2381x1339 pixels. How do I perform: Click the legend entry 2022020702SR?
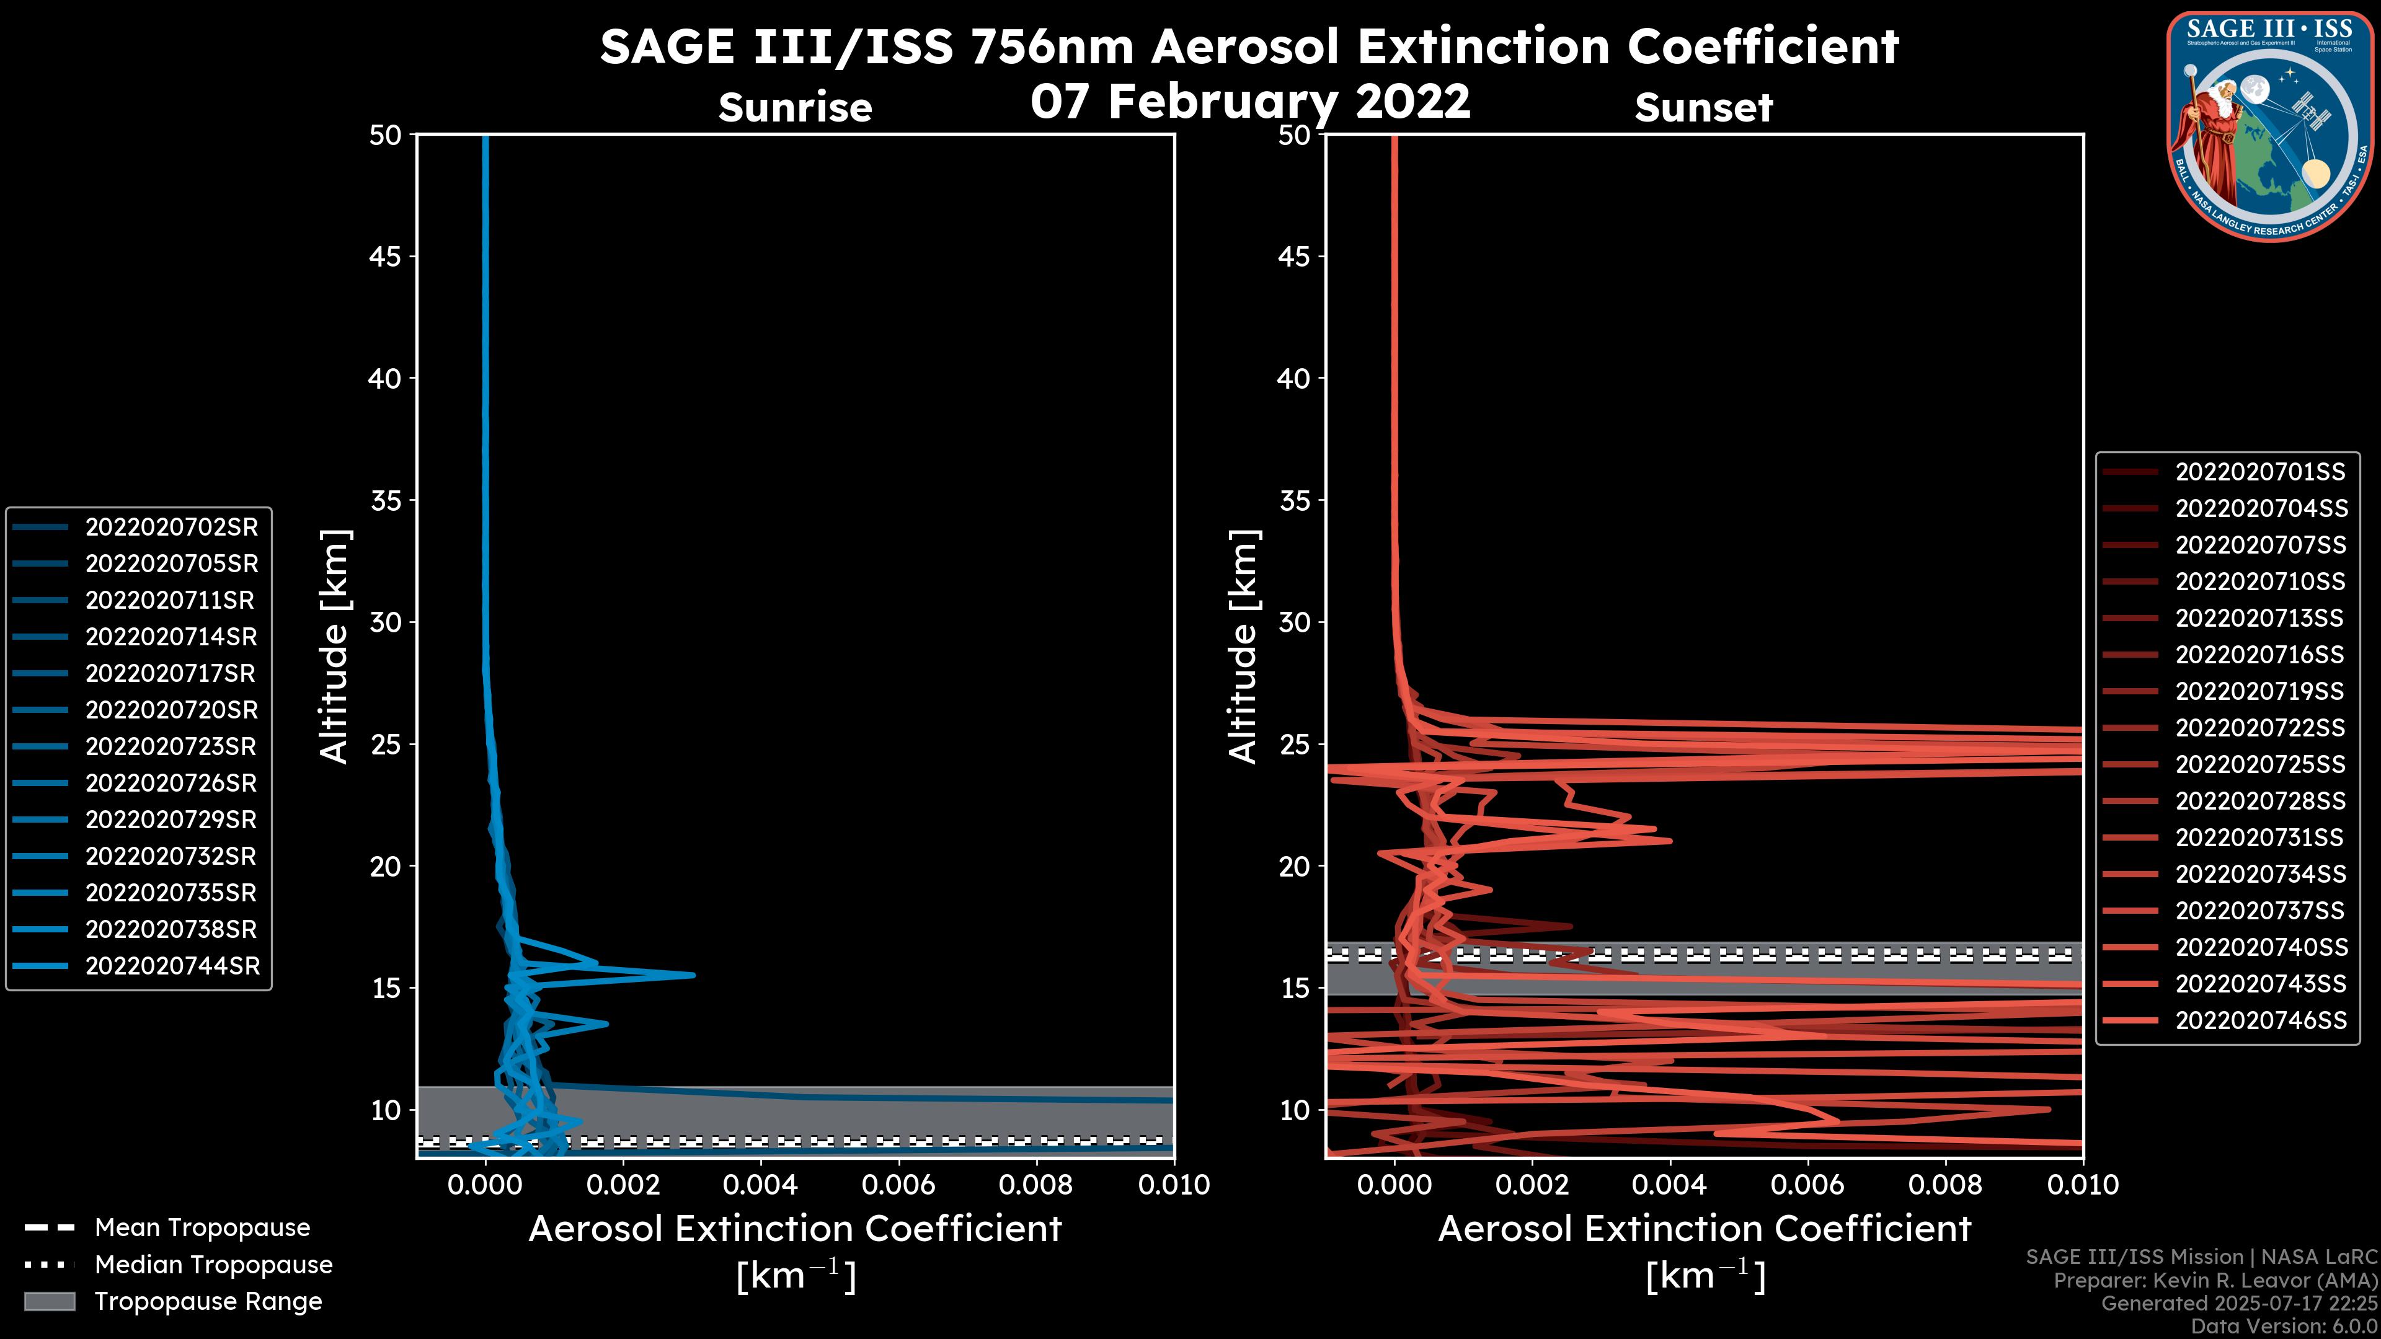click(x=171, y=527)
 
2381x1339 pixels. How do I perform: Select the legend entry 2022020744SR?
click(x=171, y=966)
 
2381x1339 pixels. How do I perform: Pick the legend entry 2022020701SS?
click(x=2260, y=472)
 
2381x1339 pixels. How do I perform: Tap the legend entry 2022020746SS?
click(x=2260, y=1020)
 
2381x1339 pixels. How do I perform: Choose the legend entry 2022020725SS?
click(x=2260, y=764)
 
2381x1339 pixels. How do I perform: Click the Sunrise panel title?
click(x=795, y=107)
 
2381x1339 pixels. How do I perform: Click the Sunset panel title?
click(x=1703, y=107)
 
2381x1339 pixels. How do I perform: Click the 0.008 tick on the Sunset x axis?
click(x=1946, y=1185)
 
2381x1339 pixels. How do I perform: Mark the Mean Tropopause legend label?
click(x=202, y=1227)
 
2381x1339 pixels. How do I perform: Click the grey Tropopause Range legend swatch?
click(x=49, y=1301)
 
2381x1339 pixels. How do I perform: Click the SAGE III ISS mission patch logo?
click(x=2269, y=125)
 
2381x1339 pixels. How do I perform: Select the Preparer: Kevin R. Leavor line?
click(x=2215, y=1280)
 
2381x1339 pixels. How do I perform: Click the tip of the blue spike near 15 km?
click(x=693, y=975)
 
